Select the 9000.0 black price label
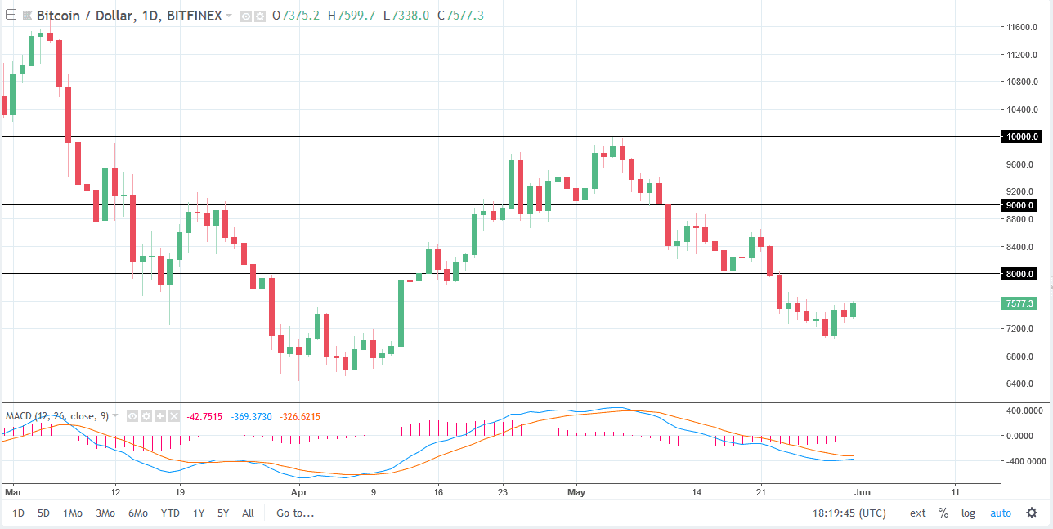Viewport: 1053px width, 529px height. tap(1021, 205)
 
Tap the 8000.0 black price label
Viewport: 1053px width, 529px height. tap(1021, 274)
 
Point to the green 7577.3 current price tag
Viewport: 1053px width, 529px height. tap(1021, 303)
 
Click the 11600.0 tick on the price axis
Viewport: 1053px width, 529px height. tap(1024, 27)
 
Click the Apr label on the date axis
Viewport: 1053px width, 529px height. tap(298, 493)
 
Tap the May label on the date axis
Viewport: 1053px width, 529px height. tap(576, 493)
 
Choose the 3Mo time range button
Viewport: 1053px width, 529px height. tap(105, 513)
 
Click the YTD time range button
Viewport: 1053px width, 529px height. tap(170, 513)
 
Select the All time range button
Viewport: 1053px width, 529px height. tap(248, 513)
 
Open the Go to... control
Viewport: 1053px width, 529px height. tap(295, 513)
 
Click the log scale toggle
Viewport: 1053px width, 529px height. tap(968, 513)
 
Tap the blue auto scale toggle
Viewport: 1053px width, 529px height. tap(1001, 513)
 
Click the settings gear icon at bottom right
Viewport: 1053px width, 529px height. tap(1031, 513)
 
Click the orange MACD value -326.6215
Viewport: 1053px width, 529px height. tap(300, 417)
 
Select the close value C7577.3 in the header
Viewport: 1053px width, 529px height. tap(462, 16)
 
